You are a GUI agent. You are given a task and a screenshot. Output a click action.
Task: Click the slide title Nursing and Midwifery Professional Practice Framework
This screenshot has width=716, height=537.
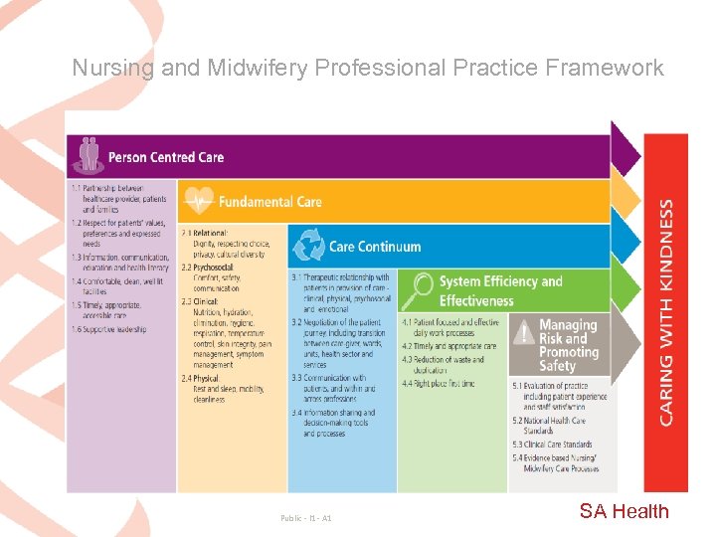click(x=367, y=68)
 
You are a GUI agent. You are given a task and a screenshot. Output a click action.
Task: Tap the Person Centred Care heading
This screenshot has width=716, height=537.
click(x=166, y=157)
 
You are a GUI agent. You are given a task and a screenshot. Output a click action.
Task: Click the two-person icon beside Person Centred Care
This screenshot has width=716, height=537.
click(x=89, y=154)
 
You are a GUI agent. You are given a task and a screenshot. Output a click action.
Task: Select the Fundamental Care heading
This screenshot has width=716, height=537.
click(x=269, y=202)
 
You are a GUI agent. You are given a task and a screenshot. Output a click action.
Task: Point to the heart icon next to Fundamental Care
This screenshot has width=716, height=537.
click(x=199, y=200)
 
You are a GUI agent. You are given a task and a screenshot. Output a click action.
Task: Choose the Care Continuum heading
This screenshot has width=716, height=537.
click(x=375, y=247)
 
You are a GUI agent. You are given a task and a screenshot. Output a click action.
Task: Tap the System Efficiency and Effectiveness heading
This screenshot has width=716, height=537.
click(x=500, y=290)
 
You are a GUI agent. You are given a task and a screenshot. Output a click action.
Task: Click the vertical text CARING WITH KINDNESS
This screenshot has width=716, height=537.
click(x=665, y=312)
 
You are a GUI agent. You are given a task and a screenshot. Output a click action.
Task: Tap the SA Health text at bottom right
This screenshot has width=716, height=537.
click(x=625, y=511)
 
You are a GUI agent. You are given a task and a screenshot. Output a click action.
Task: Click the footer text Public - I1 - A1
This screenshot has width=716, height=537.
click(x=306, y=518)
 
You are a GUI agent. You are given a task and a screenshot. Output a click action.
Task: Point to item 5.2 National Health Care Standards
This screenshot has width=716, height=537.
click(x=553, y=427)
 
